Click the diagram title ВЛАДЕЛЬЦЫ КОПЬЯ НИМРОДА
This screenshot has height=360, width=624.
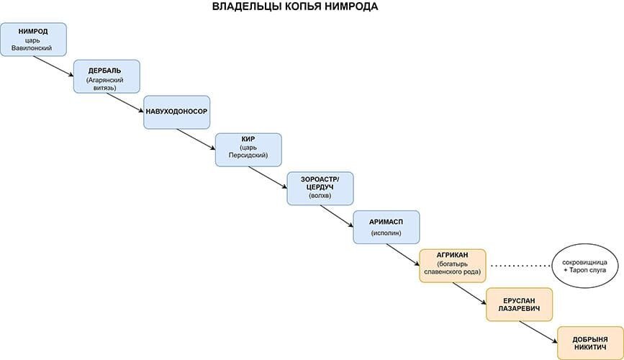coord(295,6)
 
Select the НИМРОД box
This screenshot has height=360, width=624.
coord(33,40)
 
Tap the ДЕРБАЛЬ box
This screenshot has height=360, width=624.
coord(107,76)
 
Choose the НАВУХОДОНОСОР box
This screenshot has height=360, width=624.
coord(177,112)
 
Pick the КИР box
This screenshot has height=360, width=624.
coord(248,150)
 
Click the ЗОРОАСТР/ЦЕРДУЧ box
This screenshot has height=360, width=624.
coord(320,189)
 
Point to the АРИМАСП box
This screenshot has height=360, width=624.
coord(386,227)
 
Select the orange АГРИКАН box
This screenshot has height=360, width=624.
coord(453,266)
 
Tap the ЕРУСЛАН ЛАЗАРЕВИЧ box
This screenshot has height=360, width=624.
coord(520,305)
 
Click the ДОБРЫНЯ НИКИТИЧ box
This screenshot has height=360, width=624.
coord(590,343)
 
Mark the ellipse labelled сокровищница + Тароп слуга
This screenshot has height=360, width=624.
coord(585,266)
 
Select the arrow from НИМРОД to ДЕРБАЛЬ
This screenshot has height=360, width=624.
coord(54,66)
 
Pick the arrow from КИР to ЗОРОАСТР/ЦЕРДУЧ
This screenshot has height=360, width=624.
coord(268,177)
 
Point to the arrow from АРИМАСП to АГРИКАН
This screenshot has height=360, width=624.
coord(403,254)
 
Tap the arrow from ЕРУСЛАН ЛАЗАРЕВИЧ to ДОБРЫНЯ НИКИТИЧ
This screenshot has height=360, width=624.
coord(538,332)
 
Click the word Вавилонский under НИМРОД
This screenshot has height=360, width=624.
coord(32,48)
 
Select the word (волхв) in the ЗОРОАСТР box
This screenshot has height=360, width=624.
coord(320,196)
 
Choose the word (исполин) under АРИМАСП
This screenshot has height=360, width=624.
coord(386,233)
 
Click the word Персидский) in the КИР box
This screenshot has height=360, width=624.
coord(248,155)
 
